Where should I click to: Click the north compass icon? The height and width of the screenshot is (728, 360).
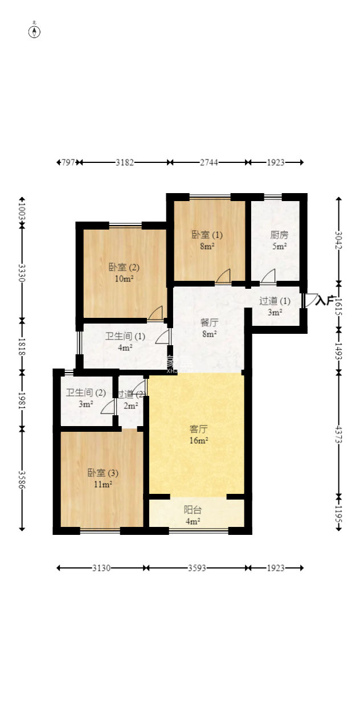click(x=35, y=31)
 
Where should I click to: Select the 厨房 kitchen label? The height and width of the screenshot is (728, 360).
click(x=279, y=235)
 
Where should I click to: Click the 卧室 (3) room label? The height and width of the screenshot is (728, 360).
click(x=103, y=473)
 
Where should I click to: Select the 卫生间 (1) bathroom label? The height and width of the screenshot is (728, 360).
click(x=125, y=336)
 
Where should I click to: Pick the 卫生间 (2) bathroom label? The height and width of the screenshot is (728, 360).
click(x=85, y=392)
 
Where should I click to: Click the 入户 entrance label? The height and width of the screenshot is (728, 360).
click(x=325, y=300)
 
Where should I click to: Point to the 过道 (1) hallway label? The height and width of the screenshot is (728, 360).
click(x=275, y=301)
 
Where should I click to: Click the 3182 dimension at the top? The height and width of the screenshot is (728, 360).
click(x=125, y=162)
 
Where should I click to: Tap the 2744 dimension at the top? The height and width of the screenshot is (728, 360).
click(x=209, y=162)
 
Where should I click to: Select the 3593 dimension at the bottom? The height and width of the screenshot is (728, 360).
click(x=197, y=568)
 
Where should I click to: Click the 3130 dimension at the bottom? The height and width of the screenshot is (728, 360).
click(x=101, y=568)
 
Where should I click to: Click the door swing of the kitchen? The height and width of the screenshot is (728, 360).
click(x=268, y=276)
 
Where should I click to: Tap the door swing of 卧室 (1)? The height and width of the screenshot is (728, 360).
click(x=223, y=276)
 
